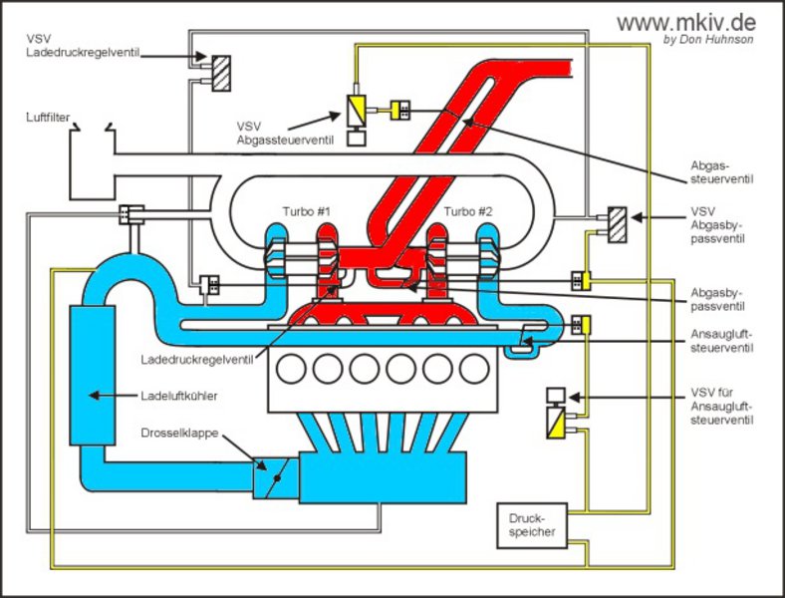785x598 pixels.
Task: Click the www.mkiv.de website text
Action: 685,22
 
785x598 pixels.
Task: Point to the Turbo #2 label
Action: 468,211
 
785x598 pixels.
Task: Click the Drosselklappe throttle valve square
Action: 272,477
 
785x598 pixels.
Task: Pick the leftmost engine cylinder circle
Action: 292,370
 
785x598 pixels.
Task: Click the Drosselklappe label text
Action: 179,434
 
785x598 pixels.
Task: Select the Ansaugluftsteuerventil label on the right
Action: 720,342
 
